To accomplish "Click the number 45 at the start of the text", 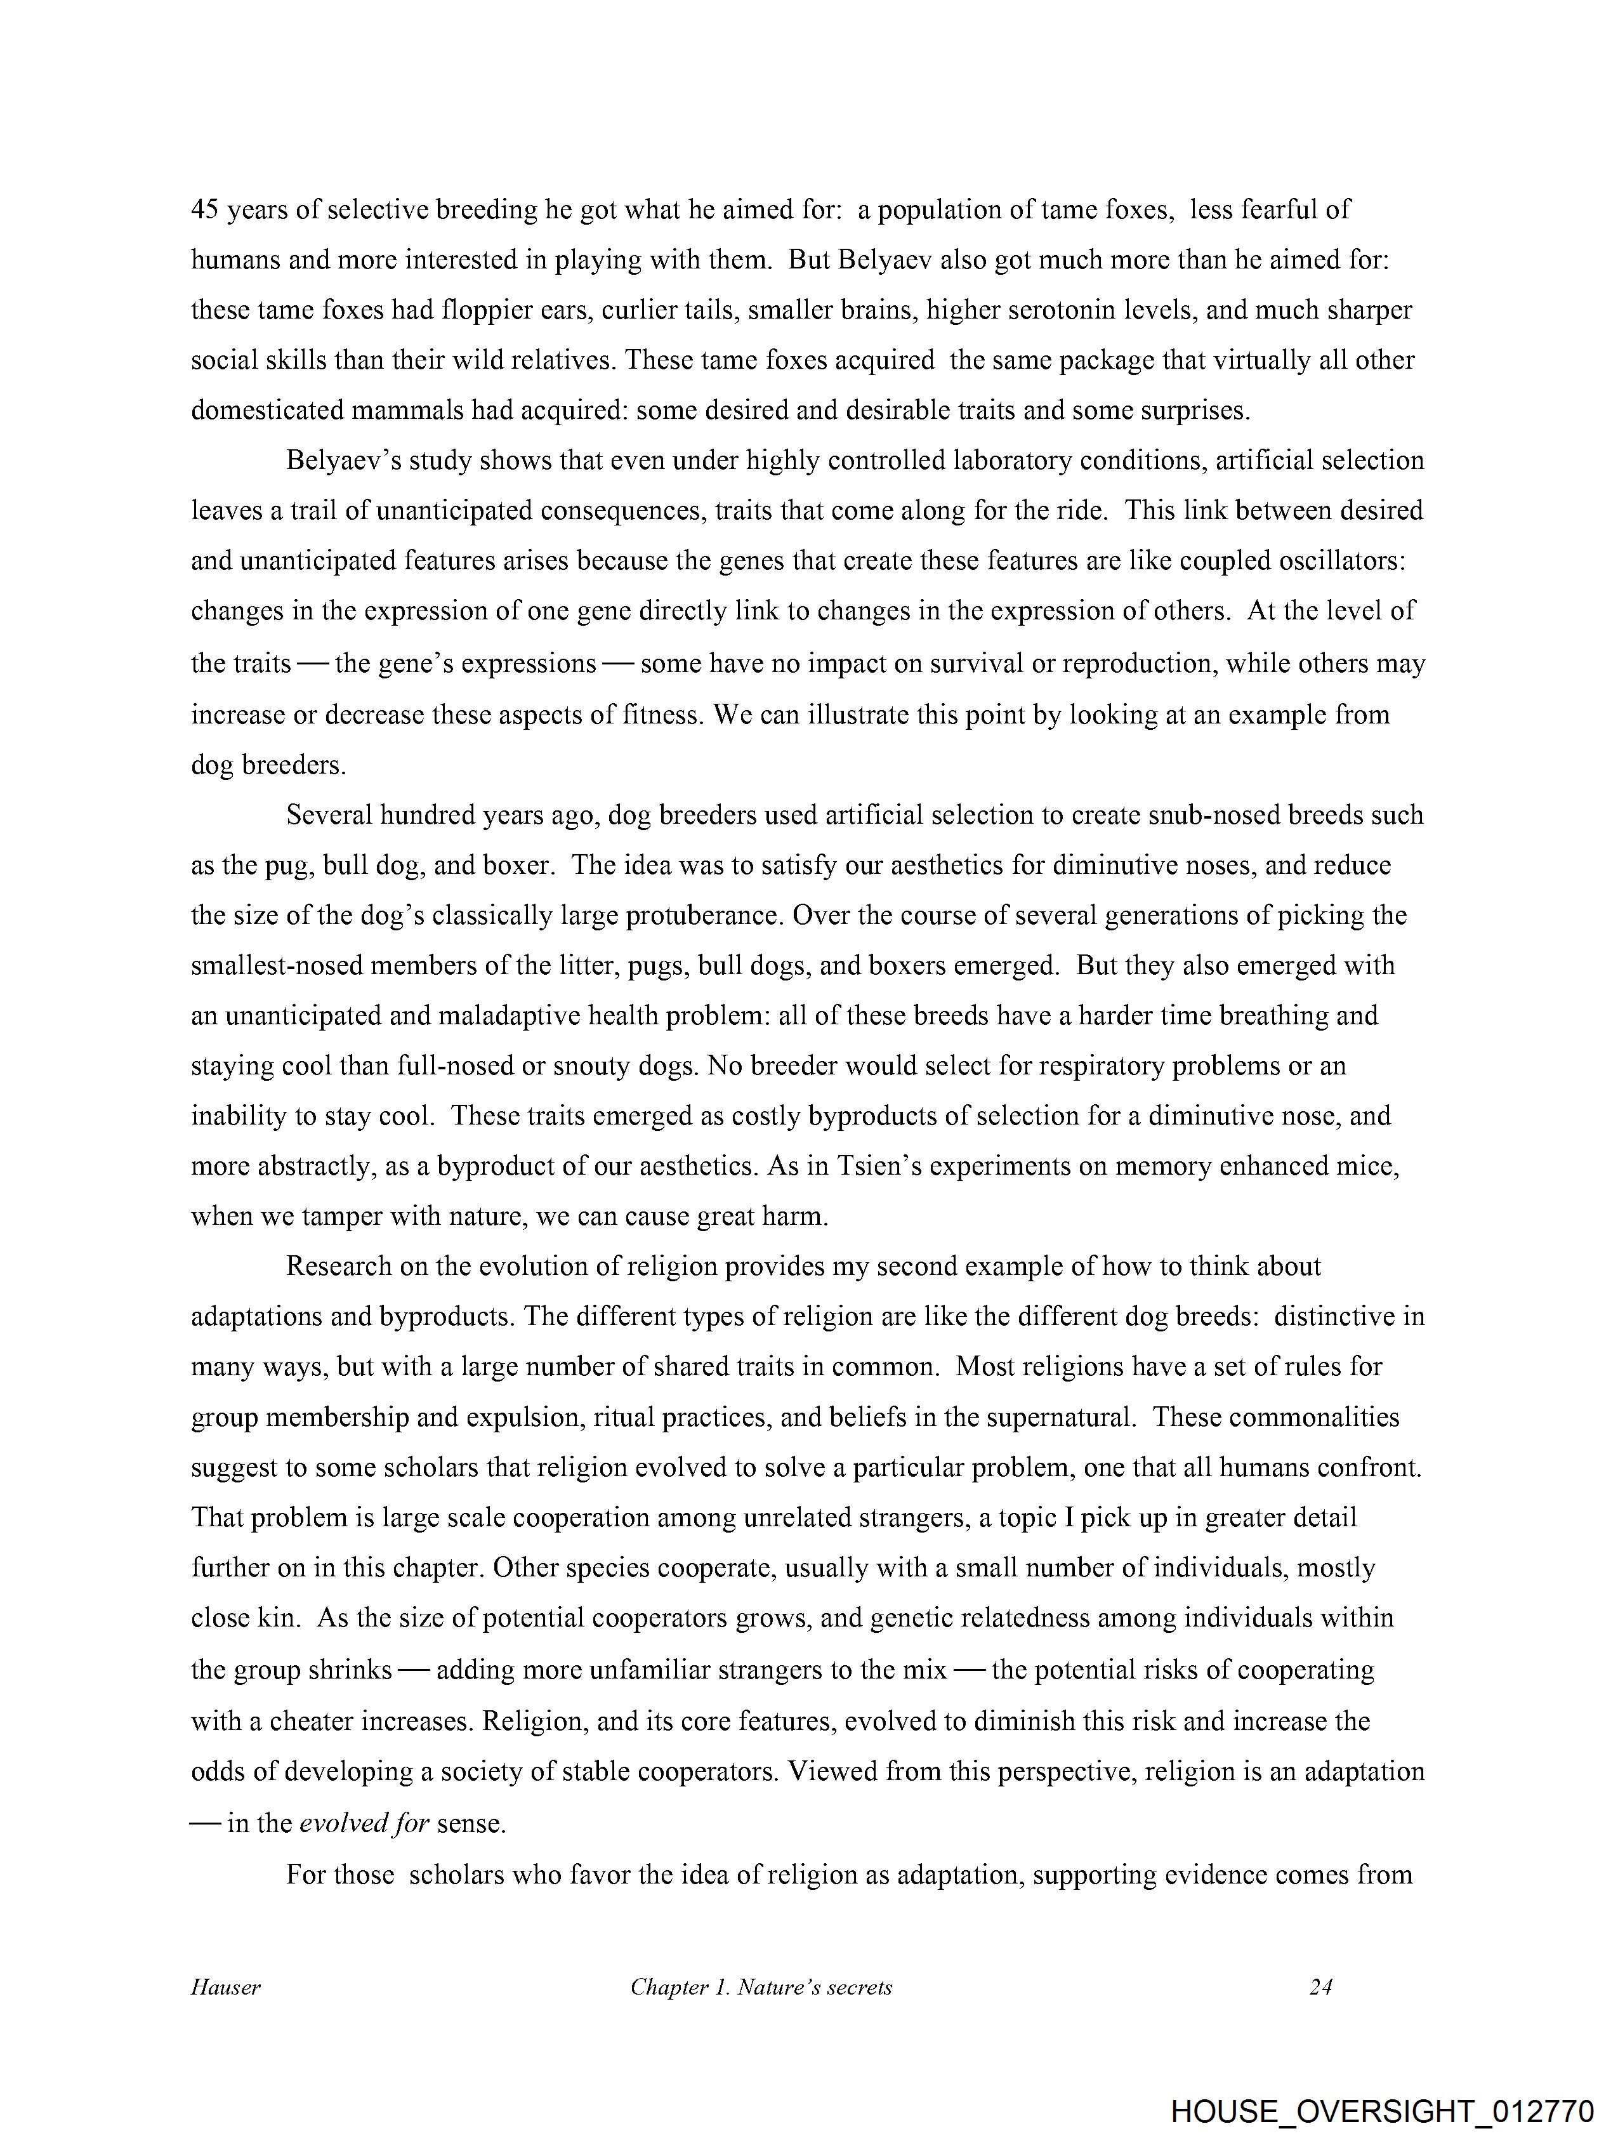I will point(206,210).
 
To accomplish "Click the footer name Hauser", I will point(225,1987).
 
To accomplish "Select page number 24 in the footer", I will point(1320,1987).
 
